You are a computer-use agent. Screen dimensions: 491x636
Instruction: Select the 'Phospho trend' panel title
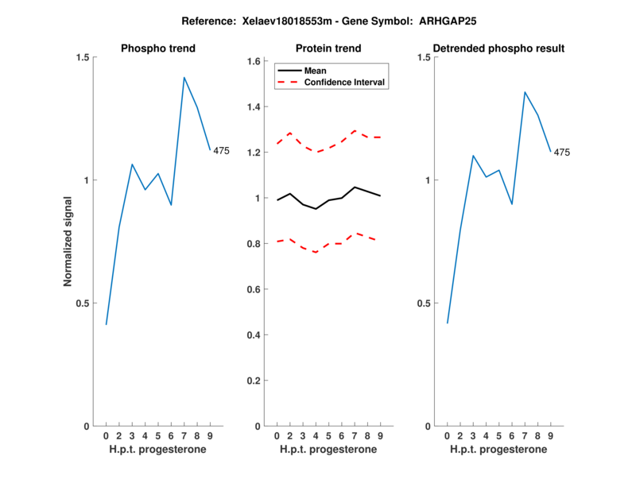pyautogui.click(x=157, y=48)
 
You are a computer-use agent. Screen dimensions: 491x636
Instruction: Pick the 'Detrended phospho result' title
pyautogui.click(x=498, y=48)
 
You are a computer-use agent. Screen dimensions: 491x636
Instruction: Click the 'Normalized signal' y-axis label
pyautogui.click(x=68, y=242)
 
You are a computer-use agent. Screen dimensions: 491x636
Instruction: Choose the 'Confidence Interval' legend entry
pyautogui.click(x=344, y=82)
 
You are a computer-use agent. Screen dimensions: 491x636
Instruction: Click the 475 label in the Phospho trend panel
pyautogui.click(x=221, y=151)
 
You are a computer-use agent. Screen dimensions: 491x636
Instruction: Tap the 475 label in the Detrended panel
pyautogui.click(x=562, y=153)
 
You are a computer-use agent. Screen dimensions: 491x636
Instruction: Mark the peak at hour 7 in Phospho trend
pyautogui.click(x=184, y=78)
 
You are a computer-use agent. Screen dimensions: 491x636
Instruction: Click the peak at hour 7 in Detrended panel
pyautogui.click(x=525, y=92)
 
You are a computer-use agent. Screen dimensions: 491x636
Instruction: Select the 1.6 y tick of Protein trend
pyautogui.click(x=254, y=61)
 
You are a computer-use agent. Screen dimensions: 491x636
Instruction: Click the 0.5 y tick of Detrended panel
pyautogui.click(x=425, y=303)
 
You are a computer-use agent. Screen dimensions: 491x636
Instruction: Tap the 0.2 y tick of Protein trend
pyautogui.click(x=254, y=381)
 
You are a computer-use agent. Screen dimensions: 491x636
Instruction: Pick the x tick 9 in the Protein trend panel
pyautogui.click(x=380, y=436)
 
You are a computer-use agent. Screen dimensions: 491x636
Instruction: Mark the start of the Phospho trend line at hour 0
pyautogui.click(x=106, y=324)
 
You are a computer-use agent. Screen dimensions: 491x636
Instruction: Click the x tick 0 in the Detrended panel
pyautogui.click(x=447, y=436)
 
